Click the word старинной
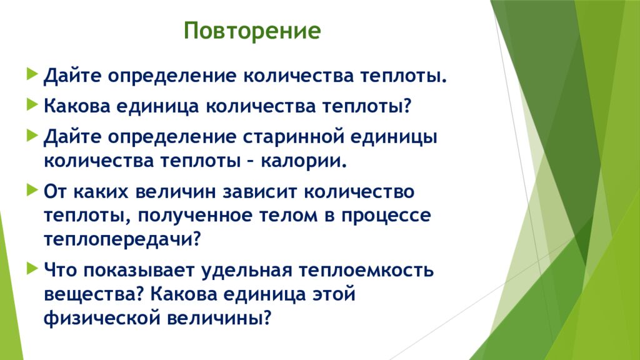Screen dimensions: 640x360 294,137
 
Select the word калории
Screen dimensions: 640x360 304,161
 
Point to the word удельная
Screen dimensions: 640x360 247,271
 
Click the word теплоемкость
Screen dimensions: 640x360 366,270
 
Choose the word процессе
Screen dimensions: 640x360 386,216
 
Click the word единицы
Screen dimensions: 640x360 394,137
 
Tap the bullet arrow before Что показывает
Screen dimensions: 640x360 32,268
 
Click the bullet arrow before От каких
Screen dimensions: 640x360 32,190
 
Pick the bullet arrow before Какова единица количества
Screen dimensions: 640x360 32,104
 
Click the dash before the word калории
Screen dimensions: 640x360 251,162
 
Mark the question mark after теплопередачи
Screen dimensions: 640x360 197,239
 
